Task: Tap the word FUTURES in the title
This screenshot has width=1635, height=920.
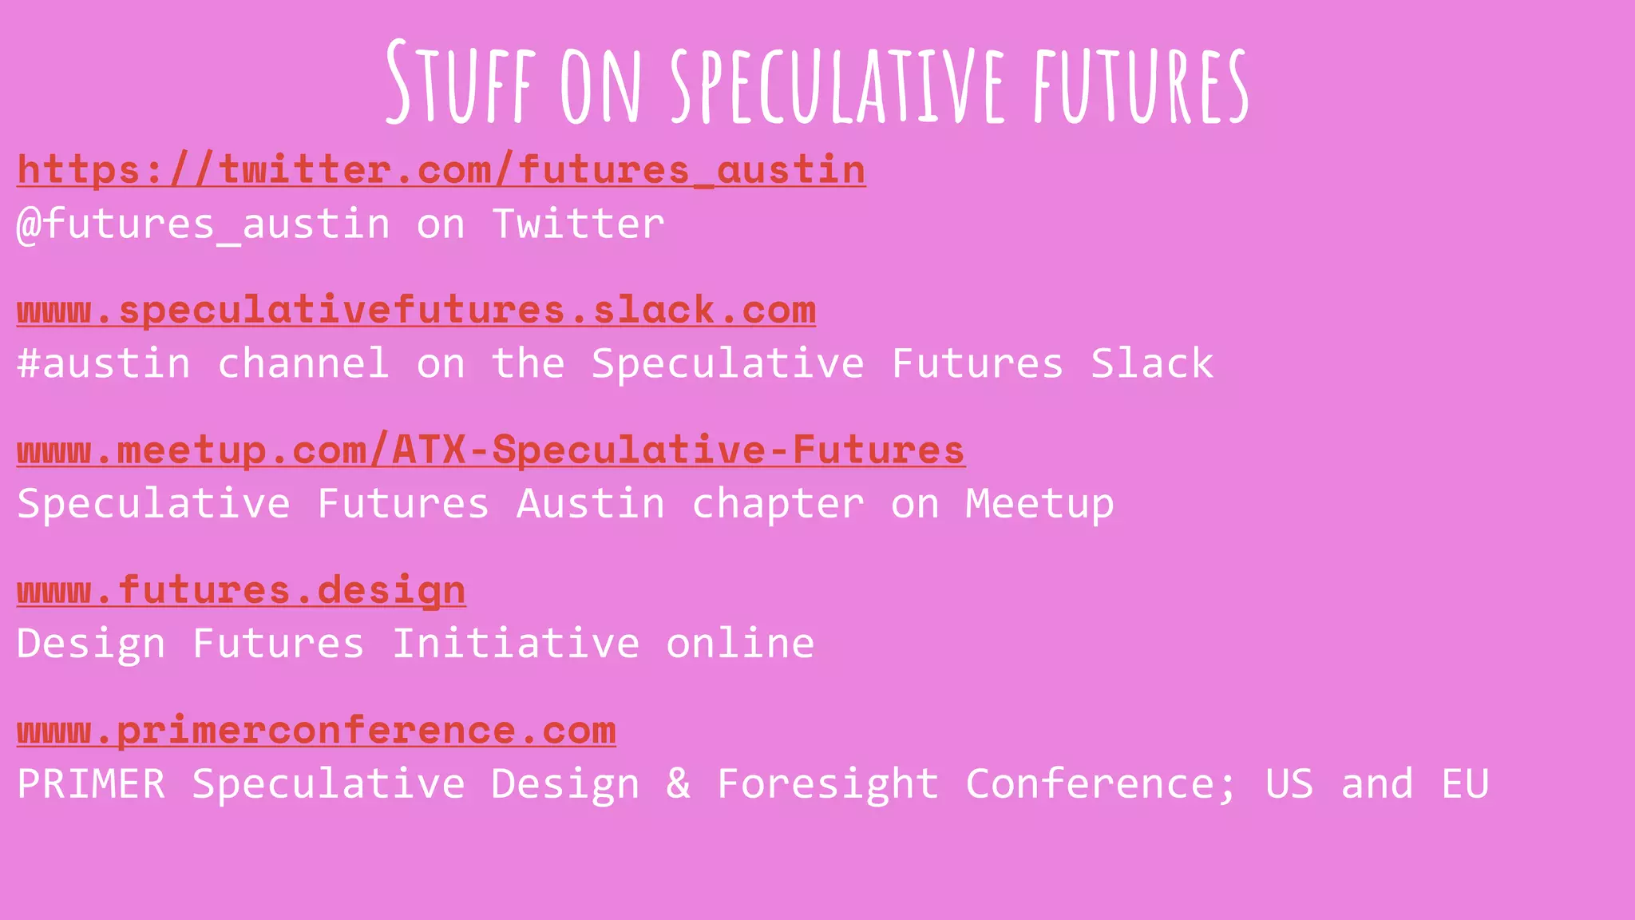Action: coord(1141,84)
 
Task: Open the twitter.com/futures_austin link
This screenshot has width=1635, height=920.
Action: coord(441,170)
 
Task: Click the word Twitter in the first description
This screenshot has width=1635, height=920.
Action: coord(578,224)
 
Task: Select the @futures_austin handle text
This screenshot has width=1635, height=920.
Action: coord(204,224)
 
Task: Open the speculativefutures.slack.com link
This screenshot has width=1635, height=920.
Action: coord(416,311)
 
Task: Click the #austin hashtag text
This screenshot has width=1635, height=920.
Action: coord(104,364)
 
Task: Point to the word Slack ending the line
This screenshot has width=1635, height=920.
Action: coord(1151,364)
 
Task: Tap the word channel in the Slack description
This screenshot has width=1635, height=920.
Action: coord(303,364)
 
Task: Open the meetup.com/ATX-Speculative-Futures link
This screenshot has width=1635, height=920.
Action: coord(490,450)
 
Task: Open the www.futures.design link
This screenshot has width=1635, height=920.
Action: coord(241,591)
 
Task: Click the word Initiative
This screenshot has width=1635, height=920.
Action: coord(516,644)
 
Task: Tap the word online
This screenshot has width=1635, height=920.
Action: coord(740,644)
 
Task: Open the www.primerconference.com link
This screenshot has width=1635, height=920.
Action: coord(316,731)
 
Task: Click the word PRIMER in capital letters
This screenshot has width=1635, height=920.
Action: coord(91,783)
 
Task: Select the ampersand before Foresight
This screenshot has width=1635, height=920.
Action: coord(678,783)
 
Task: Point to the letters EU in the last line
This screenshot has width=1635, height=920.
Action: coord(1464,783)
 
